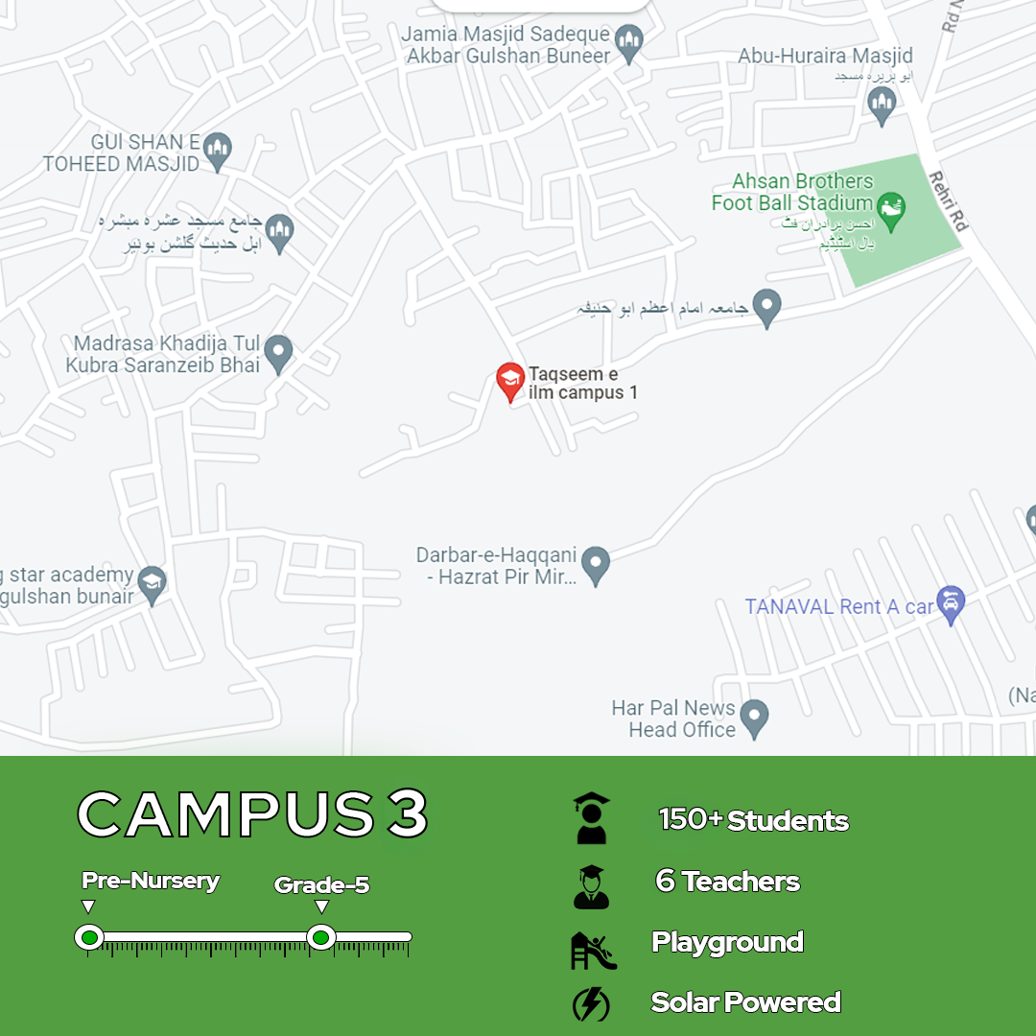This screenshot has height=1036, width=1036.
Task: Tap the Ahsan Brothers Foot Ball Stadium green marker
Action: click(892, 212)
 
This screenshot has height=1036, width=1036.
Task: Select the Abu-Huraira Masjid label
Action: click(825, 56)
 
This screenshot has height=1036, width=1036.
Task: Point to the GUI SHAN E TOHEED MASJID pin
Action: click(218, 152)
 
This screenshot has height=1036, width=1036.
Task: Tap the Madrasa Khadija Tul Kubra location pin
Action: click(278, 354)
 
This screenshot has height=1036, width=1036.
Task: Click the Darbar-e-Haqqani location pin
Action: click(596, 565)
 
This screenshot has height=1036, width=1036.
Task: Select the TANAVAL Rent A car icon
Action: click(951, 605)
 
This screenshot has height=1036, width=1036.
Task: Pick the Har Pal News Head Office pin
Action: click(755, 718)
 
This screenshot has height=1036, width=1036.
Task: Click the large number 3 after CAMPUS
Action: click(407, 814)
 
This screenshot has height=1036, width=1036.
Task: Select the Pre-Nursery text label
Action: click(151, 881)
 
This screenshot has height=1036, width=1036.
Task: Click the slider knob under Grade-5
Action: click(321, 937)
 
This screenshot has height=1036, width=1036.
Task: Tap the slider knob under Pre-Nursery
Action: click(89, 937)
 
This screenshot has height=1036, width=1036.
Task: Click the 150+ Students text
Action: click(754, 820)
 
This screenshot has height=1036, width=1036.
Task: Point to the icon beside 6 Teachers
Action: click(591, 885)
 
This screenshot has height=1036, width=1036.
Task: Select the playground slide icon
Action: click(593, 950)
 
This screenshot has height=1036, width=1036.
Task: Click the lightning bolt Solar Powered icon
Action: click(591, 1004)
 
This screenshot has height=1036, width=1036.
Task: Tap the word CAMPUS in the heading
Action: click(225, 814)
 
